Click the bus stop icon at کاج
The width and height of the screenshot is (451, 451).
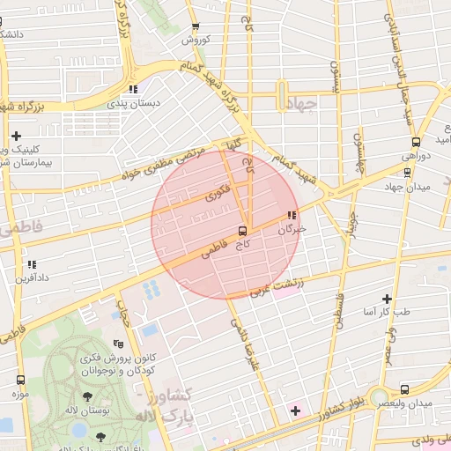(242, 230)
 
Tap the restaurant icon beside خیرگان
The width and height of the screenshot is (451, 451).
(292, 215)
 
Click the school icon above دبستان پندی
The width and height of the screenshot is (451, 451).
(132, 89)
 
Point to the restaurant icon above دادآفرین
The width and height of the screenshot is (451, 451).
(32, 263)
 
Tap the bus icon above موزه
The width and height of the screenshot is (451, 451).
(20, 380)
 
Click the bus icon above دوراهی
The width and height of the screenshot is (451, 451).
(415, 142)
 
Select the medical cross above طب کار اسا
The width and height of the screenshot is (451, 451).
(387, 299)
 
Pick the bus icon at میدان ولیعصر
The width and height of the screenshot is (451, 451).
(404, 389)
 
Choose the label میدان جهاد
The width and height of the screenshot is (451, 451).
(406, 187)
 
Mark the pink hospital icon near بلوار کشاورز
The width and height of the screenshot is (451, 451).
(295, 411)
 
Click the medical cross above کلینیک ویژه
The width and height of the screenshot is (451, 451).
(17, 136)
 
